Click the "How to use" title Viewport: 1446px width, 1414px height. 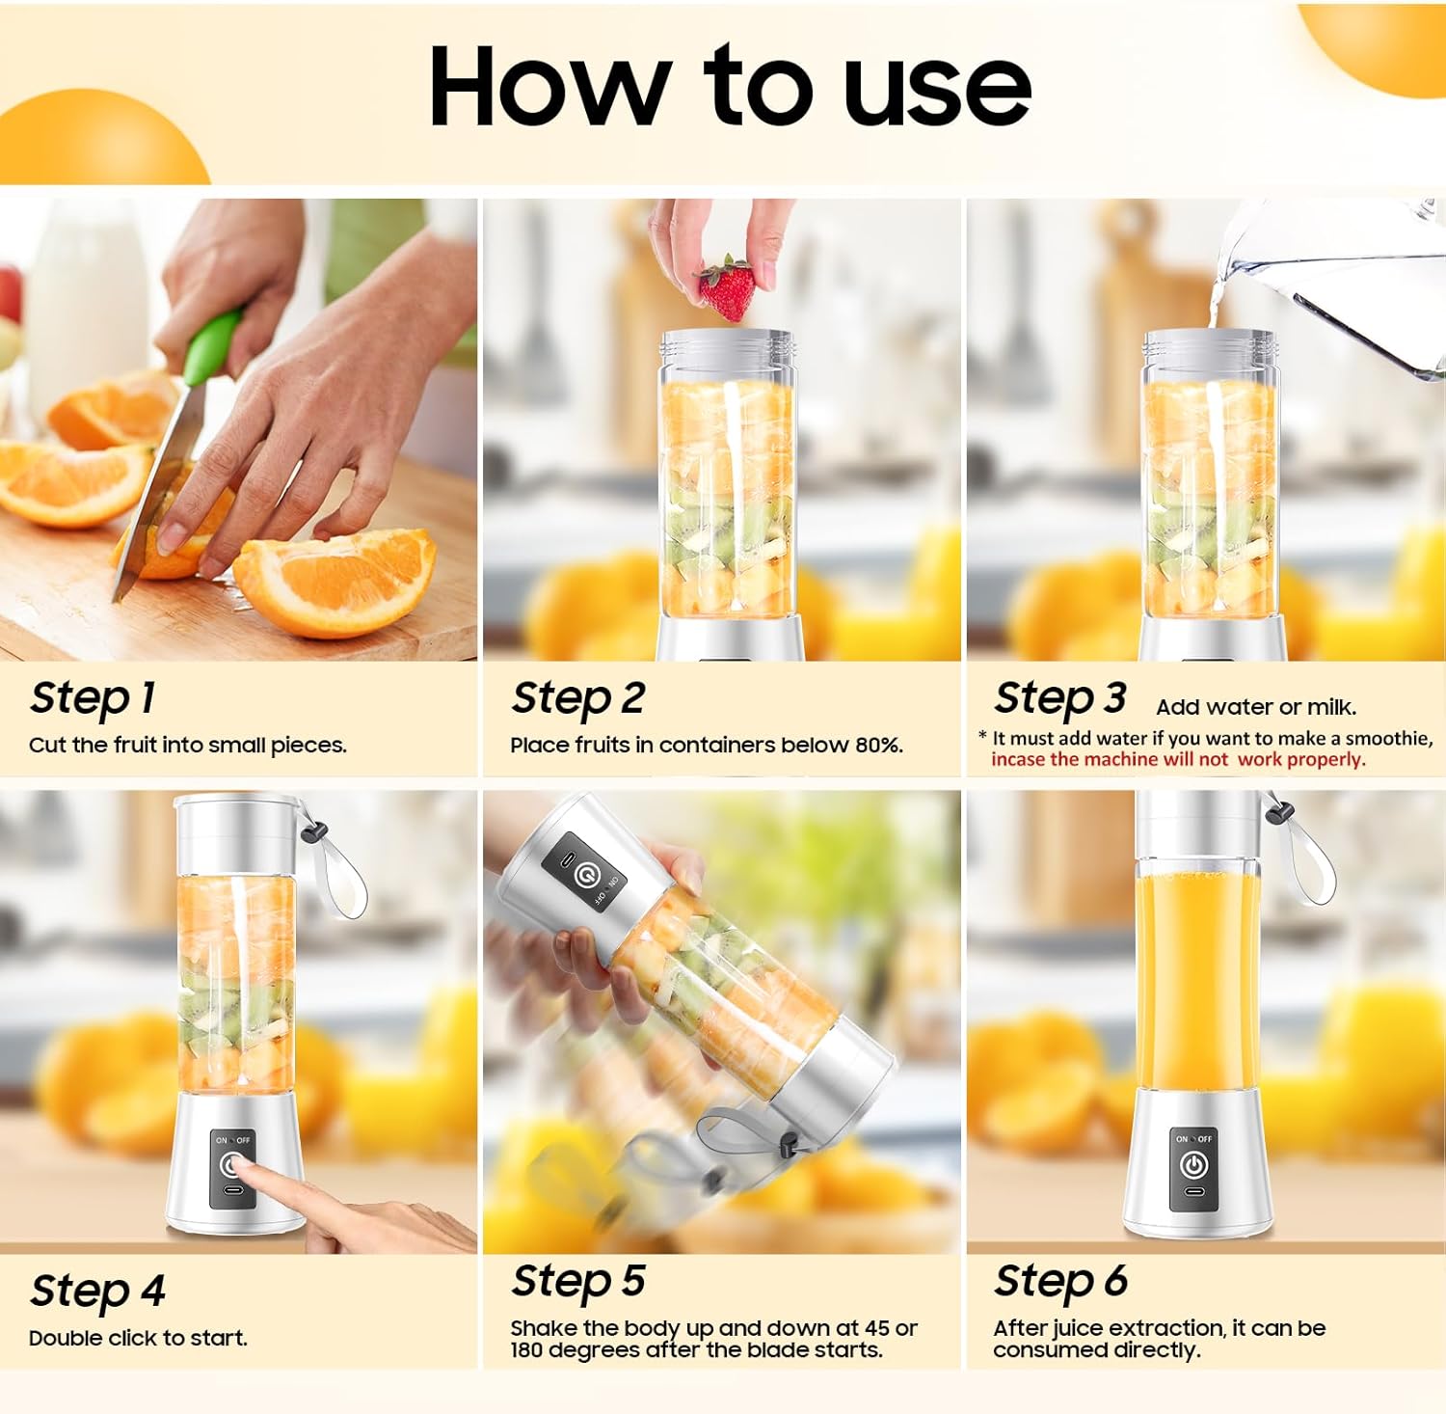(730, 87)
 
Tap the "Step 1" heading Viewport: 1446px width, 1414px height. (93, 697)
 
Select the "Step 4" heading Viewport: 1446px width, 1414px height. (97, 1291)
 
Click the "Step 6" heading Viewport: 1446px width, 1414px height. (1060, 1282)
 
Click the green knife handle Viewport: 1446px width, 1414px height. (213, 346)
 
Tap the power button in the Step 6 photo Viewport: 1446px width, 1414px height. (1193, 1165)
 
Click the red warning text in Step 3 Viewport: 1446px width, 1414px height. (1178, 759)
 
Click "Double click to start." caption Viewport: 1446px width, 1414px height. (138, 1338)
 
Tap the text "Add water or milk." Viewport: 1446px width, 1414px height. (1256, 707)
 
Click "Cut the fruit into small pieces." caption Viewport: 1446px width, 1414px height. (187, 745)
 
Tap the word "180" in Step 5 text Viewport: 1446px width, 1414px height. (526, 1349)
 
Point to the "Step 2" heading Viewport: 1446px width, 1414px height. (577, 697)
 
